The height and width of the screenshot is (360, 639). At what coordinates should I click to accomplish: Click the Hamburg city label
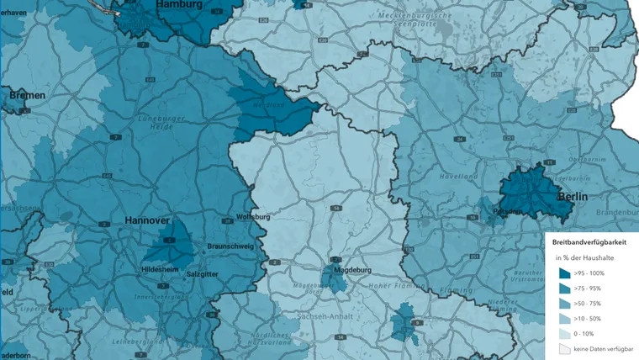(179, 4)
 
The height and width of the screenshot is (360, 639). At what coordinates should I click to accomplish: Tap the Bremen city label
(27, 96)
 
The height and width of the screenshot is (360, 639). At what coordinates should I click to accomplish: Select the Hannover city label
(147, 220)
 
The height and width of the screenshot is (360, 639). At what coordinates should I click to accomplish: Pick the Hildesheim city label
(160, 269)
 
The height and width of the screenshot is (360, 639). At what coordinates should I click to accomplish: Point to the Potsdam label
(508, 210)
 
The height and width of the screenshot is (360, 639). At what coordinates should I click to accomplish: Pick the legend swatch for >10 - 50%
(565, 319)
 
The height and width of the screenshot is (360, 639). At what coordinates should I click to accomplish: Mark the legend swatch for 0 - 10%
(565, 334)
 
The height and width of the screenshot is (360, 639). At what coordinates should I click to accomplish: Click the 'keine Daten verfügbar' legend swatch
(565, 348)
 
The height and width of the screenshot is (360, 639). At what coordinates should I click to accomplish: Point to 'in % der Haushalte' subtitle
(585, 257)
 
